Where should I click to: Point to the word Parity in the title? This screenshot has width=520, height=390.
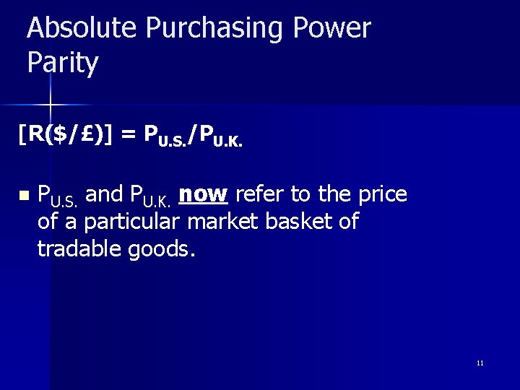[62, 64]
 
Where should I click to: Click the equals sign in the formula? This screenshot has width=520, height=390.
[129, 134]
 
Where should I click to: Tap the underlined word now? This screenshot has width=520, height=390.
[203, 194]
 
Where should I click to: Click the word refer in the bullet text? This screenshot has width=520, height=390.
[259, 194]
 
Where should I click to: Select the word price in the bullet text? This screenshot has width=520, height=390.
[382, 194]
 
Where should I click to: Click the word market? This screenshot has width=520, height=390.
[223, 221]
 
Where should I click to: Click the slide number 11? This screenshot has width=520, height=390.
[480, 363]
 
